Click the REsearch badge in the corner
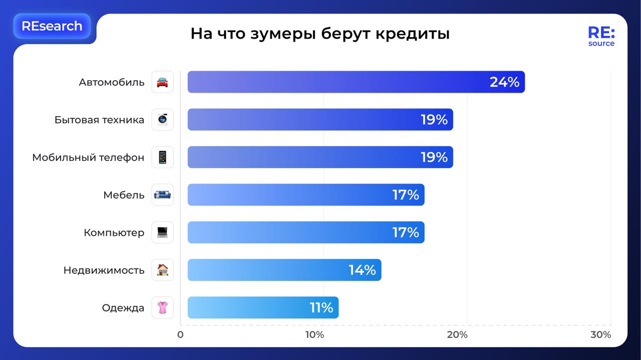(52, 26)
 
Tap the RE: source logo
(601, 37)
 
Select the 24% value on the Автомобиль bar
(504, 82)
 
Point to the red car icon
(162, 82)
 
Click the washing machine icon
(162, 120)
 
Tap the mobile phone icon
(162, 157)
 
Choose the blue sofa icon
(162, 195)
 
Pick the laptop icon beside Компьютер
(162, 232)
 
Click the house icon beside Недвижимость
(162, 270)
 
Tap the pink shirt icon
(162, 307)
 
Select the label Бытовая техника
(99, 120)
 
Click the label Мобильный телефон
(88, 157)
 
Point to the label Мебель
(124, 195)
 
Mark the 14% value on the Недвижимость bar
(362, 270)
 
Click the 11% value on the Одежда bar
(321, 307)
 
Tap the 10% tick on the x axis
(314, 334)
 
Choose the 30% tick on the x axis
(600, 334)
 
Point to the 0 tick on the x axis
(180, 334)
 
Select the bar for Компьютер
(305, 232)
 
